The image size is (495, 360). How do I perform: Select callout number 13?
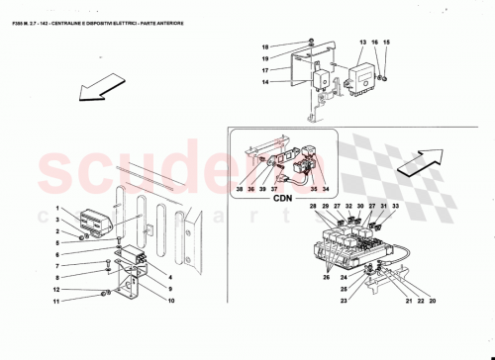click(362, 43)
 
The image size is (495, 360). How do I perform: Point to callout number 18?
click(266, 47)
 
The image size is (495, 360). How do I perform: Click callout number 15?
click(386, 43)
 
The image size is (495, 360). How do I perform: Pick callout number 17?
click(266, 70)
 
